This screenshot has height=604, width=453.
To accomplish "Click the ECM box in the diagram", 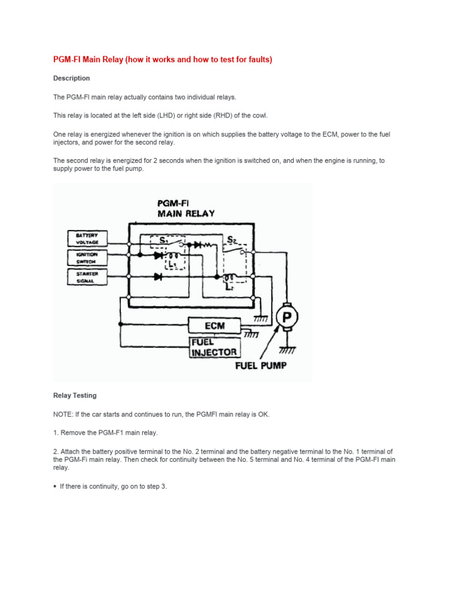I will pos(214,326).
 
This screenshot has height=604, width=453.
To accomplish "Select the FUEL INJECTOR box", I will pos(214,347).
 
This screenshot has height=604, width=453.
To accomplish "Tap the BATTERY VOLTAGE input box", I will pos(87,238).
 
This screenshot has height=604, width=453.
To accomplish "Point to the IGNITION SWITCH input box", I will pos(87,257).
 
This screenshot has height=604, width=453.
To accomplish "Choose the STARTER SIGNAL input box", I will pos(87,277).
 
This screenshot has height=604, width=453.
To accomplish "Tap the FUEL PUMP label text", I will pos(261,366).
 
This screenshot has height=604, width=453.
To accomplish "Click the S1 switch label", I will pos(165,240).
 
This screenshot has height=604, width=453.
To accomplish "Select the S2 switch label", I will pos(232,240).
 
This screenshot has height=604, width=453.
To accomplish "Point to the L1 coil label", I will pos(172,265).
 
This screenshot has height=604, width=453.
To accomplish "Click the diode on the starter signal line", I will pos(157,276).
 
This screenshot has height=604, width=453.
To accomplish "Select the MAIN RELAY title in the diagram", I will pos(186,214).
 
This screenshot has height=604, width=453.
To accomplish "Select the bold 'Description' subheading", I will pos(71,78).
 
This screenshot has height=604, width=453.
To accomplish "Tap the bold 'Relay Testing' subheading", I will pos(75,395).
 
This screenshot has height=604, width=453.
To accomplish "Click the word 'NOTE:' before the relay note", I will pos(63,414).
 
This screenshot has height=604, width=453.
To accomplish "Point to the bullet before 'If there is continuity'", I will pos(55,486).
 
